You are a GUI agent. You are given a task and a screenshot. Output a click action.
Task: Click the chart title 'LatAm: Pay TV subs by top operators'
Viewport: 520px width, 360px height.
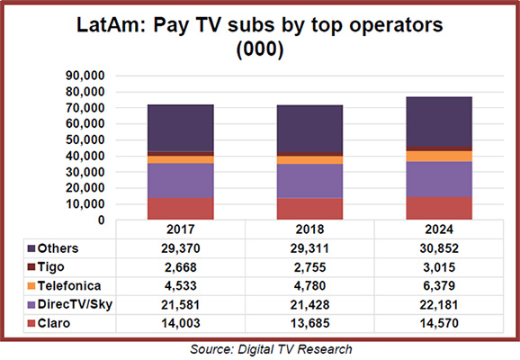point(259,26)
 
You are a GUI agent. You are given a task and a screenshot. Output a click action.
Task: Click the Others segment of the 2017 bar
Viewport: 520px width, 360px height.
point(181,128)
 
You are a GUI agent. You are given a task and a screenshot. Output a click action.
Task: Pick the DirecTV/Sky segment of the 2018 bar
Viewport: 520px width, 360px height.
point(309,180)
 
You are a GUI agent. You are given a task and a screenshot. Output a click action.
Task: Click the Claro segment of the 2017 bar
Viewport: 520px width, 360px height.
point(181,208)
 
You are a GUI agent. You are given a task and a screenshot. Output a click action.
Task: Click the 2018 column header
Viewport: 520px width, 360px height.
point(309,229)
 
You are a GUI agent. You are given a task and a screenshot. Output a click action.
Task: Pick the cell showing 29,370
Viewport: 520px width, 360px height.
point(181,247)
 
